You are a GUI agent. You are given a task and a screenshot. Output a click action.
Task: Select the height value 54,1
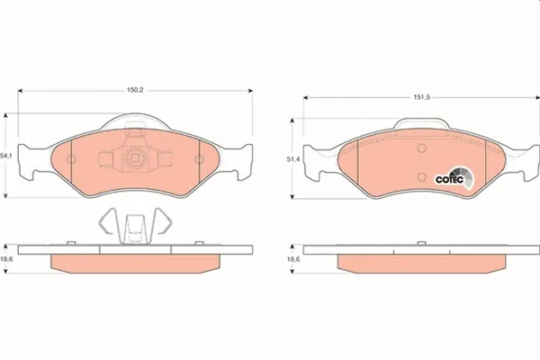pos(6,156)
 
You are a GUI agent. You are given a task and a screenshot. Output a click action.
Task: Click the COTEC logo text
pos(448,178)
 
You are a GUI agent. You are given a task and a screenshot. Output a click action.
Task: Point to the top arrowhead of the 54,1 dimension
pos(6,115)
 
